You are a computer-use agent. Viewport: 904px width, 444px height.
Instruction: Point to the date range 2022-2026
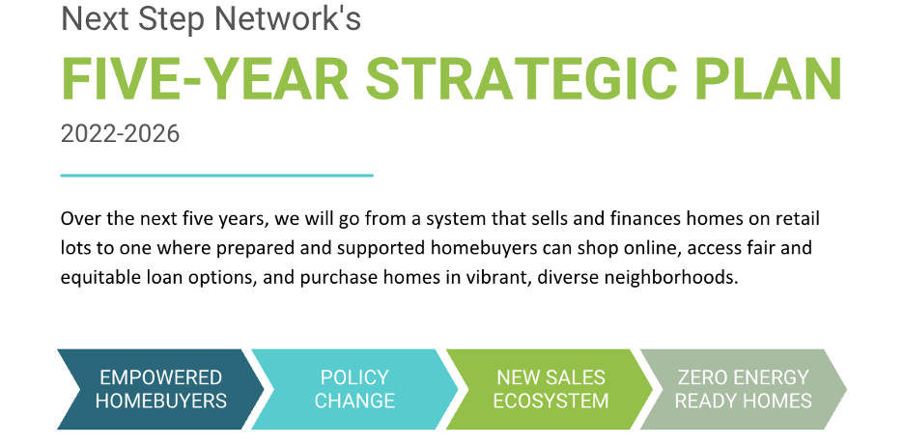(x=120, y=134)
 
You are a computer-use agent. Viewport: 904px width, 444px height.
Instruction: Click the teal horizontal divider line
(x=216, y=175)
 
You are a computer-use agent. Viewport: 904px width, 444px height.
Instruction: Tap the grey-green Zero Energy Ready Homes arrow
(x=743, y=389)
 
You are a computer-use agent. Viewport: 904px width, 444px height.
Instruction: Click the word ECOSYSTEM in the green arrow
(x=551, y=401)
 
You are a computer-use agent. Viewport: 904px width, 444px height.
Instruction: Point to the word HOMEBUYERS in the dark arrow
(x=161, y=401)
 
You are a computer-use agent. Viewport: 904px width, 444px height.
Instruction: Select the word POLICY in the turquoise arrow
(x=354, y=377)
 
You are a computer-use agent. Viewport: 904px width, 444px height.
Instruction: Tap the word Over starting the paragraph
(x=76, y=219)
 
